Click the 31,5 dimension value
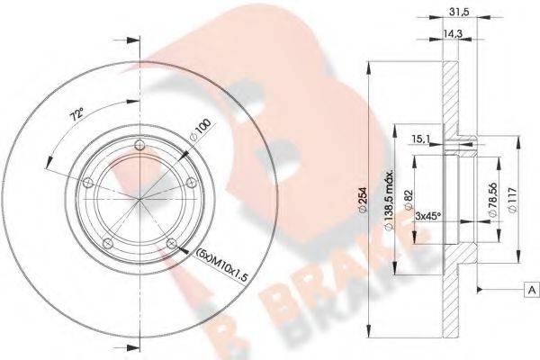pyautogui.click(x=460, y=12)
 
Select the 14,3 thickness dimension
pyautogui.click(x=453, y=33)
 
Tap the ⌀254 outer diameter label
pyautogui.click(x=363, y=200)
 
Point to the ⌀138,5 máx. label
pyautogui.click(x=390, y=200)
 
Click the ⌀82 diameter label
pyautogui.click(x=409, y=200)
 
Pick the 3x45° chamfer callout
pyautogui.click(x=428, y=216)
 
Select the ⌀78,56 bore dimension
pyautogui.click(x=493, y=200)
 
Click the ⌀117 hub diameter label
pyautogui.click(x=514, y=200)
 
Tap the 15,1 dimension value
pyautogui.click(x=420, y=139)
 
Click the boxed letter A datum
pyautogui.click(x=532, y=290)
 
